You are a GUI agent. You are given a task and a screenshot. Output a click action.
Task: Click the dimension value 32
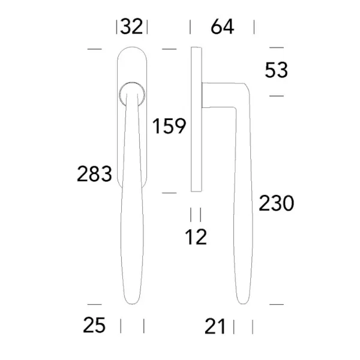tap(131, 26)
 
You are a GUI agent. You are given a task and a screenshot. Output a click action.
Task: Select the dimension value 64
tap(222, 26)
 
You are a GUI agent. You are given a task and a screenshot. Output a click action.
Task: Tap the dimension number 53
tap(276, 70)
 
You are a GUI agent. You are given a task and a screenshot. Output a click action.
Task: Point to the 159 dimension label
tap(169, 125)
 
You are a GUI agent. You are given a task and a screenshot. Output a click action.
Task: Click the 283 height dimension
tap(94, 174)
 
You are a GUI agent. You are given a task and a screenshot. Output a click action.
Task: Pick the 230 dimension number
tap(276, 203)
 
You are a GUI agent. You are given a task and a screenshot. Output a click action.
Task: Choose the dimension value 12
tap(196, 237)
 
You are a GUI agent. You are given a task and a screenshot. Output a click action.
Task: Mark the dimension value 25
tap(94, 325)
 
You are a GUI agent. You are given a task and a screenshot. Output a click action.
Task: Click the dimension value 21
tap(215, 326)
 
